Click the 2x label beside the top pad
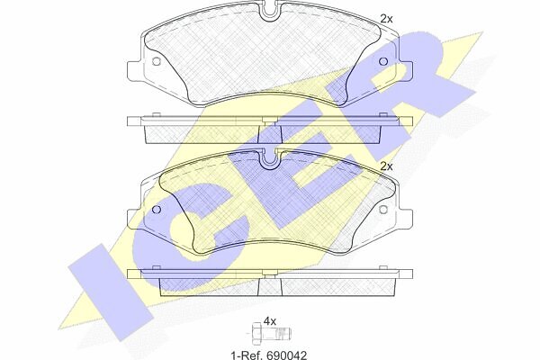tap(386, 19)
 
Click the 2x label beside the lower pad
tap(386, 167)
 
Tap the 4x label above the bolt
tap(270, 322)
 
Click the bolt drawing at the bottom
tap(272, 334)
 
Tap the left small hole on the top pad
tap(156, 62)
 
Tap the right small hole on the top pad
tap(383, 62)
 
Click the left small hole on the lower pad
tap(156, 210)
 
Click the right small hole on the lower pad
tap(383, 210)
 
